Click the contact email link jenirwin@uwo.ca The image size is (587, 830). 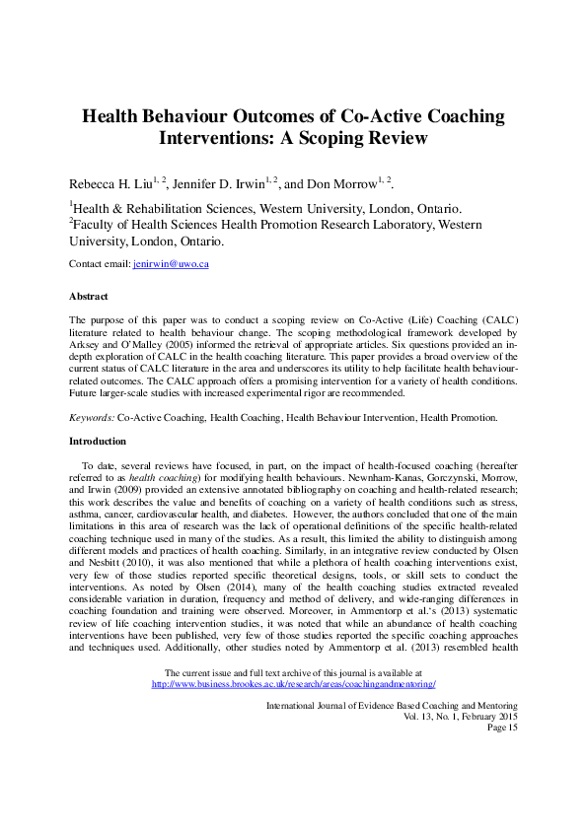(171, 264)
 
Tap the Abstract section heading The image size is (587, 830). (88, 296)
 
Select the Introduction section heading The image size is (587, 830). (97, 441)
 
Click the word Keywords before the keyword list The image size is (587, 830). (91, 418)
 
